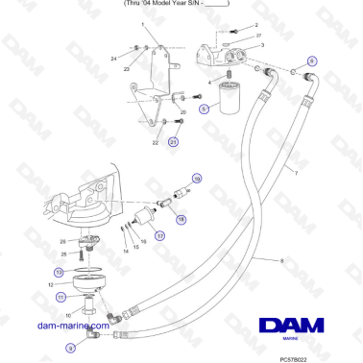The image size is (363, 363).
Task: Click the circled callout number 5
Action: (204, 109)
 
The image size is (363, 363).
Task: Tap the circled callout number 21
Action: (174, 142)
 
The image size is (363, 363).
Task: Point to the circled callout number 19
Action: (196, 179)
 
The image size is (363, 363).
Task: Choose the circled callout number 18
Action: (181, 220)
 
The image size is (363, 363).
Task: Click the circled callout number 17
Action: (159, 233)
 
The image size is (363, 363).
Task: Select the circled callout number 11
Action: (60, 299)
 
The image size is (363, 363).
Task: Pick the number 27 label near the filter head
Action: (259, 35)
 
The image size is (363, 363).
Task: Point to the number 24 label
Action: (113, 59)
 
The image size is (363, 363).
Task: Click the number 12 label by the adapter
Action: (50, 284)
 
